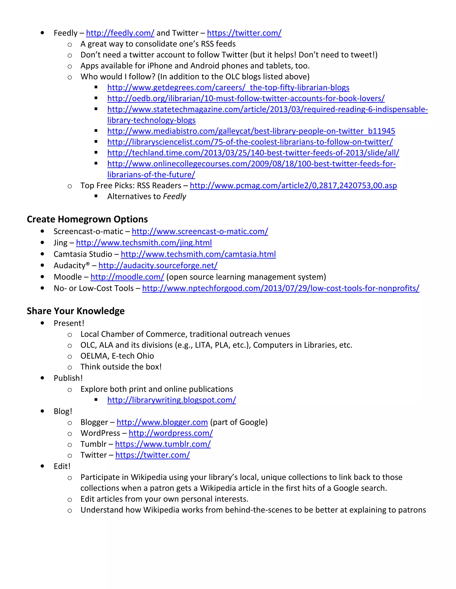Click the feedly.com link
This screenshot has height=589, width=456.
120,33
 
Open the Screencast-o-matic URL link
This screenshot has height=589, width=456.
200,231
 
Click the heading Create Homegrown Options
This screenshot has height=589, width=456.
87,219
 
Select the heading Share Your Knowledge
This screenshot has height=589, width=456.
76,311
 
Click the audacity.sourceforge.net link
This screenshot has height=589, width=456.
158,265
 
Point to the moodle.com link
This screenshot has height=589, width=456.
127,277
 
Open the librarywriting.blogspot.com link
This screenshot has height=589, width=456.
171,400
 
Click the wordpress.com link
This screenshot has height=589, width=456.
171,433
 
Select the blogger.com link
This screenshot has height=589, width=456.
162,422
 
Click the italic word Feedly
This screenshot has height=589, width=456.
175,196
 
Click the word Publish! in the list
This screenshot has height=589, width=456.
68,378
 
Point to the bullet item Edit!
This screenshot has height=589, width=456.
62,466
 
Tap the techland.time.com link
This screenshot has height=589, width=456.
253,153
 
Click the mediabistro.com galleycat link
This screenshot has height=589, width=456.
251,131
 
